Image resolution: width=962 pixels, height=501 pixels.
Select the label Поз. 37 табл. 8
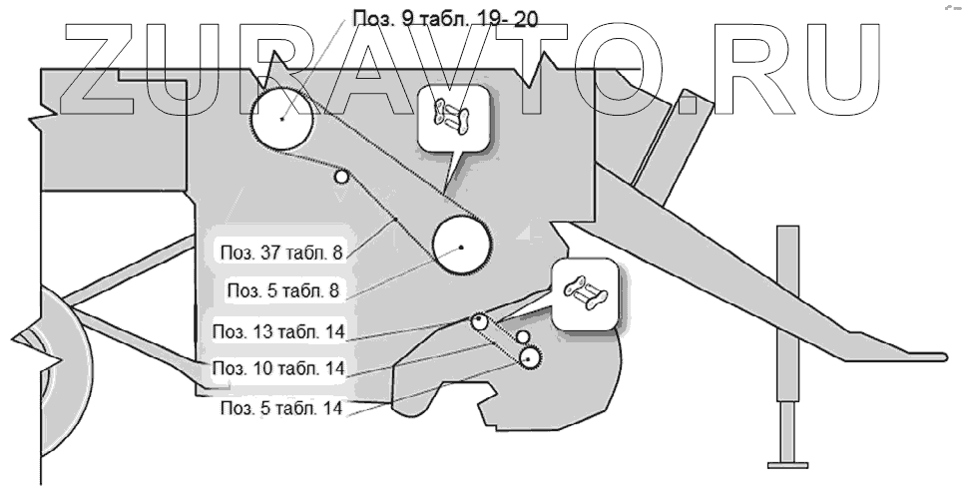point(281,252)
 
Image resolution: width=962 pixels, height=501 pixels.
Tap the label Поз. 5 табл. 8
point(285,290)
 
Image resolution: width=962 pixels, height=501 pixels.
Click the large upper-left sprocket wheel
point(282,119)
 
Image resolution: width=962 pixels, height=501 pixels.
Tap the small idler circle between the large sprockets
point(342,177)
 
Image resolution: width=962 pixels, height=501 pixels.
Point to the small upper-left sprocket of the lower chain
point(480,321)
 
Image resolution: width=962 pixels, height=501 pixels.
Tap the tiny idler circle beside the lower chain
point(521,337)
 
